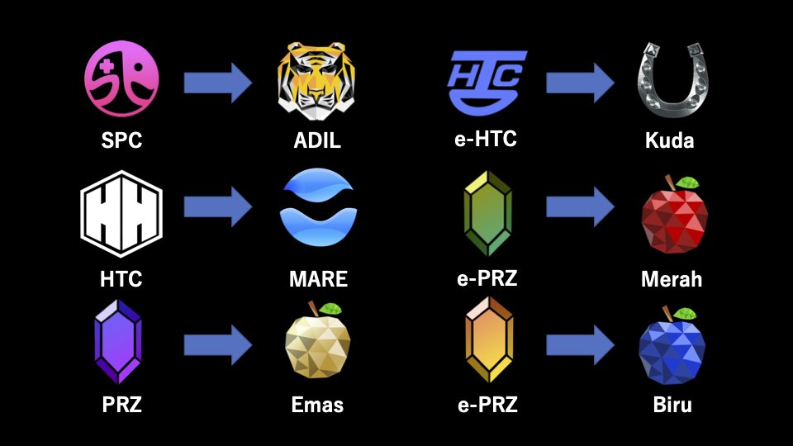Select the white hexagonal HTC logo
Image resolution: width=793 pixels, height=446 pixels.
pos(121,213)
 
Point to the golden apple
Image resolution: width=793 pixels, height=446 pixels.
pos(318,342)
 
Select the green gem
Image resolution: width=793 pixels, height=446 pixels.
pos(487,213)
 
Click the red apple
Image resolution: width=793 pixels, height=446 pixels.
pos(674,218)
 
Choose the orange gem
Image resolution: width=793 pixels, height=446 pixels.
pos(488,339)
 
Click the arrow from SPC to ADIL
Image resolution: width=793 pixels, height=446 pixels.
pos(217,82)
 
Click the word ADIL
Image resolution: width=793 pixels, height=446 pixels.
pos(317,140)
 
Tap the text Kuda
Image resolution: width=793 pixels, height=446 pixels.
pos(669,140)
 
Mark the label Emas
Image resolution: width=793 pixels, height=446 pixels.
pos(317,405)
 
